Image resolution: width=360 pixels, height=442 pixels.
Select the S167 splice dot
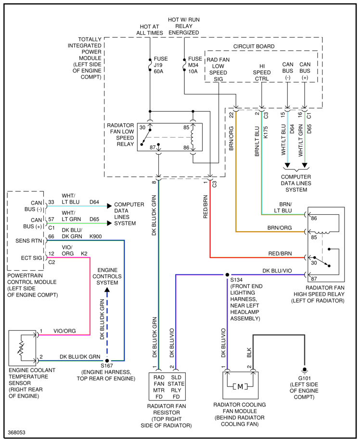click(107, 361)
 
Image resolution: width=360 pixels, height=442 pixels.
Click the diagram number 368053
click(17, 432)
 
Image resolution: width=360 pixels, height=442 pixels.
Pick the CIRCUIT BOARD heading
click(254, 46)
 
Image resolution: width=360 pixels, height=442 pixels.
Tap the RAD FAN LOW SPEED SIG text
click(218, 69)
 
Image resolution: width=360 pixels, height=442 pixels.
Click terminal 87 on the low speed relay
click(153, 147)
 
